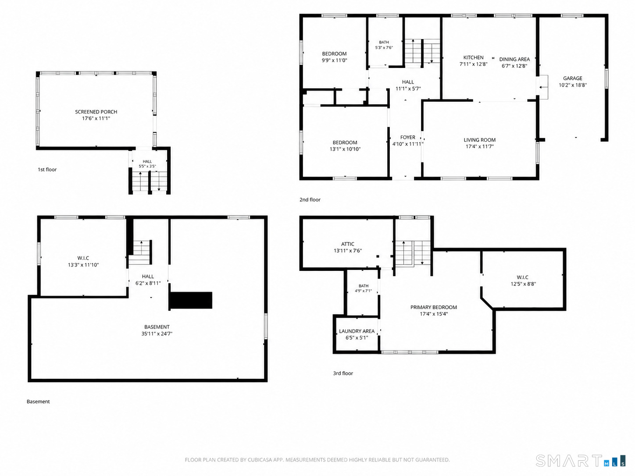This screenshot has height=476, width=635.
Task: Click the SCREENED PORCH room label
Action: [x=96, y=112]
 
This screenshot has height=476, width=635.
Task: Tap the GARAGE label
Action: [x=573, y=78]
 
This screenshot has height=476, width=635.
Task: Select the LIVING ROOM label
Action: [x=480, y=140]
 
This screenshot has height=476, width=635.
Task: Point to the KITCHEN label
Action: [x=473, y=57]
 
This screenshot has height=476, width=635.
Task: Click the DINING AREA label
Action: [x=514, y=59]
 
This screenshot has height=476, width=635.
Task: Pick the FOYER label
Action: [x=407, y=137]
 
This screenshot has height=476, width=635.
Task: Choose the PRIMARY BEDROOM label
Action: [x=434, y=307]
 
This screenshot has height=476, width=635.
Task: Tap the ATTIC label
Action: [x=347, y=244]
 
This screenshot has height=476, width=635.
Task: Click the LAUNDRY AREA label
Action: [x=357, y=331]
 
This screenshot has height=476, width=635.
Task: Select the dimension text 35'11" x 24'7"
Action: [x=157, y=334]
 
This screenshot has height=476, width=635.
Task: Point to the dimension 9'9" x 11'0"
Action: [x=335, y=60]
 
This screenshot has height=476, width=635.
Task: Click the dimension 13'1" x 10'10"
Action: [x=345, y=149]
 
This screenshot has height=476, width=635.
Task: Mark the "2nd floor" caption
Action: [x=310, y=200]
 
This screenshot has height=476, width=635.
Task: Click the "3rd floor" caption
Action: [x=343, y=373]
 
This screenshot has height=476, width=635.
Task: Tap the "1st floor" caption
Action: [x=47, y=170]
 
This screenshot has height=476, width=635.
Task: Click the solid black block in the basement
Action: [x=191, y=301]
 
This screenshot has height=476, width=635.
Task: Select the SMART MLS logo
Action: [x=581, y=461]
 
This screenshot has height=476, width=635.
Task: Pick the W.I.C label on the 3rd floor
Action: [x=522, y=277]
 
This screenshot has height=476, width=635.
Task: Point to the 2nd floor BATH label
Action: [x=384, y=42]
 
